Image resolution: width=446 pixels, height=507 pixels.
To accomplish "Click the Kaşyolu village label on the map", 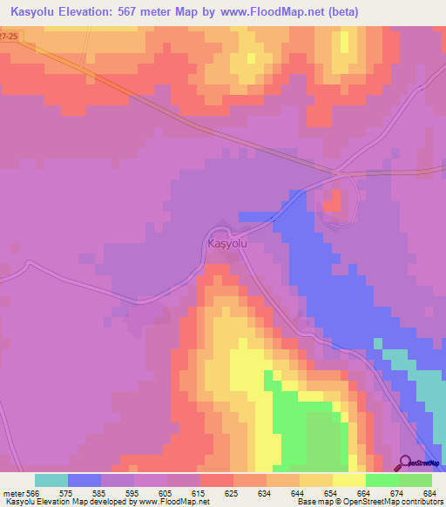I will coord(228,245).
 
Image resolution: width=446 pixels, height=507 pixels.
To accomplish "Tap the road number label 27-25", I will coord(9,36).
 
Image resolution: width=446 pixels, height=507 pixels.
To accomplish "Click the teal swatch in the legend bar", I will coord(51,480).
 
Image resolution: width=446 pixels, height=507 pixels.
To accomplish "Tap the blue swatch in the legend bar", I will coord(84,480).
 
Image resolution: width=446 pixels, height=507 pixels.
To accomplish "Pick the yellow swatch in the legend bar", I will coord(349,480).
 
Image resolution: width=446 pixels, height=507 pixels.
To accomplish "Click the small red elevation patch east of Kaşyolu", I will coord(333,202).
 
